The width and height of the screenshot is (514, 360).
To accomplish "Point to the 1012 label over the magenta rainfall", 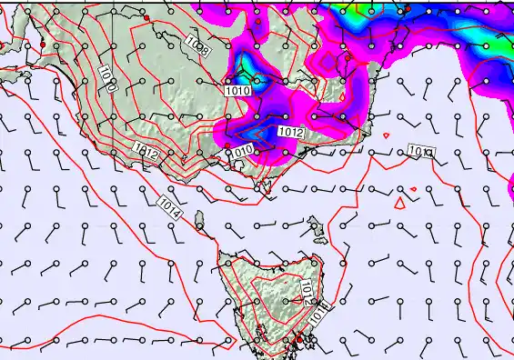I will pyautogui.click(x=291, y=133).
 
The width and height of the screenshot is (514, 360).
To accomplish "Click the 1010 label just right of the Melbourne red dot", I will pyautogui.click(x=242, y=151).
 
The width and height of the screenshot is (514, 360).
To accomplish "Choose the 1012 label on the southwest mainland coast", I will pyautogui.click(x=146, y=151).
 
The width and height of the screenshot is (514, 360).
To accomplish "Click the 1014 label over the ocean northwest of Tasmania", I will pyautogui.click(x=169, y=207).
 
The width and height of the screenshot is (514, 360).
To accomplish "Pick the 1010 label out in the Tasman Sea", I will pyautogui.click(x=420, y=151).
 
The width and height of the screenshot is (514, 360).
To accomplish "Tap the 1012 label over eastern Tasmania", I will pyautogui.click(x=307, y=289).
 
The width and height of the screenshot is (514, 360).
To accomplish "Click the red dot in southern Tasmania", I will pyautogui.click(x=299, y=339).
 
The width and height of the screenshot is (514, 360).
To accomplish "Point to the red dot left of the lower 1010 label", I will pyautogui.click(x=227, y=145).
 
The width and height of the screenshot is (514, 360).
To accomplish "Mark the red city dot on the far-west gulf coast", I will pyautogui.click(x=42, y=45).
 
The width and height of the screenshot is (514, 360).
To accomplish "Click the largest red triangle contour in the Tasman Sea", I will pyautogui.click(x=398, y=204).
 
